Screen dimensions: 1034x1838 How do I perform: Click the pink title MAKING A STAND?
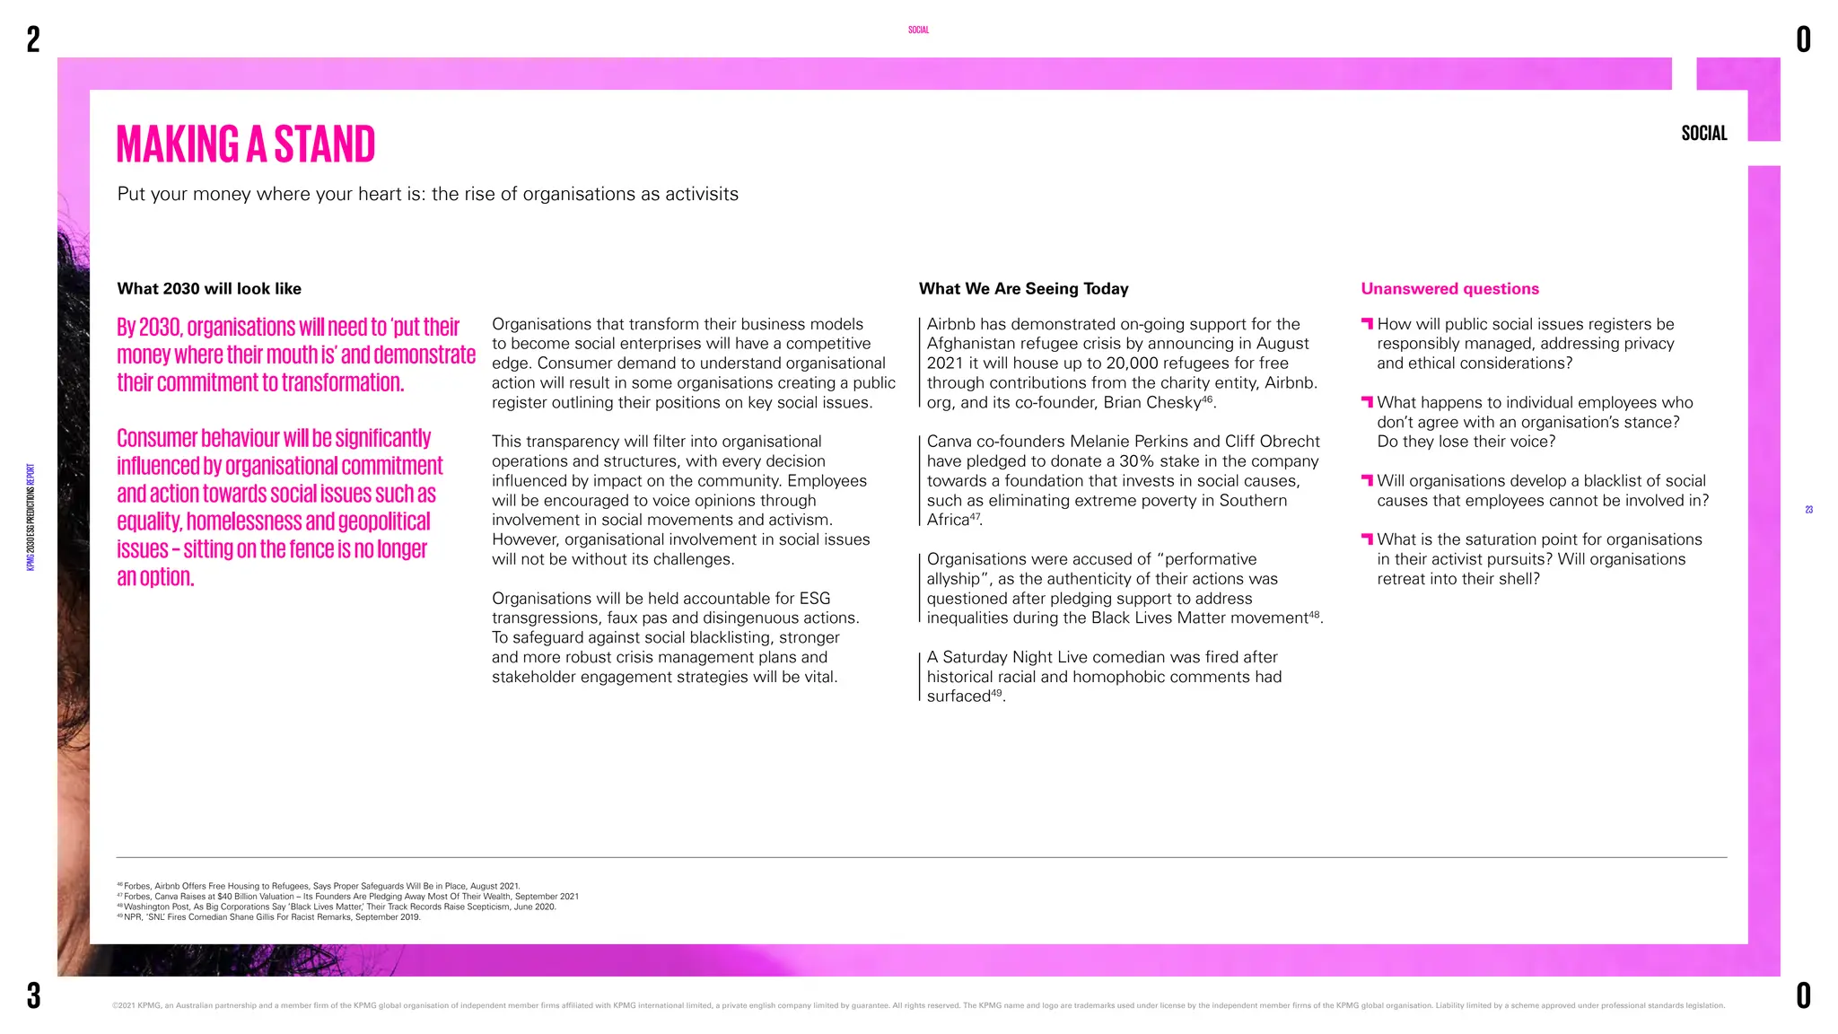coord(246,145)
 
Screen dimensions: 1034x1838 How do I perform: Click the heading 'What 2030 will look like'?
coord(209,289)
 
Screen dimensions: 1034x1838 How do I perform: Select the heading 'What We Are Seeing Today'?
coord(1023,289)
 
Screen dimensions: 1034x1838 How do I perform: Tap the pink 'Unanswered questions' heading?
coord(1449,289)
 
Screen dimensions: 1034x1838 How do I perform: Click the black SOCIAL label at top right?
coord(1703,134)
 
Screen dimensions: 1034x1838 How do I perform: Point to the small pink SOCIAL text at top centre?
coord(918,31)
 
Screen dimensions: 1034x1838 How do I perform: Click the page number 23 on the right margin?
coord(1808,510)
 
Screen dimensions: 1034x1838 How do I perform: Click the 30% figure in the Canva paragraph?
coord(1136,461)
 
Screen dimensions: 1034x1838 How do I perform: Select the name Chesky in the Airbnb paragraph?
coord(1174,403)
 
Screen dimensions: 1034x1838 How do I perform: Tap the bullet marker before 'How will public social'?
coord(1367,323)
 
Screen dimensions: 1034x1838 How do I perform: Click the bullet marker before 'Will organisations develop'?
coord(1367,480)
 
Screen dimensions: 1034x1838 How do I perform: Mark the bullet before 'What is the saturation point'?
coord(1367,539)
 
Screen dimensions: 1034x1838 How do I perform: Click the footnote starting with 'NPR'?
coord(269,917)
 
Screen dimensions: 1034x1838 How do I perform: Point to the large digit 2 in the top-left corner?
coord(33,39)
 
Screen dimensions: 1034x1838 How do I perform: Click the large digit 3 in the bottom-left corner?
coord(33,995)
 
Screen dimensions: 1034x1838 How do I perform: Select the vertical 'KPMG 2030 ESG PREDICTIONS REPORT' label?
coord(31,517)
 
